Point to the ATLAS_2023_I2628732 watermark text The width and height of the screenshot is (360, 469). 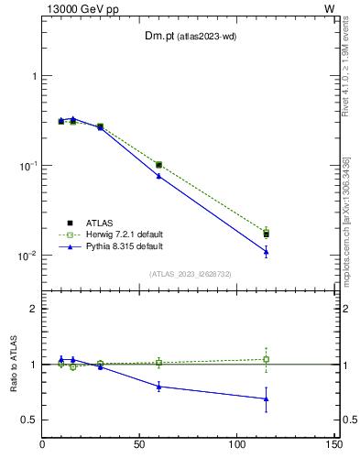coord(191,274)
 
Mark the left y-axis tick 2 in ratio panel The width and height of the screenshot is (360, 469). coord(34,309)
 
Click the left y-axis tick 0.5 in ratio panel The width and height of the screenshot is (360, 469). coord(29,420)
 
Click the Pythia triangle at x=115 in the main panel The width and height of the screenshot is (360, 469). coord(266,251)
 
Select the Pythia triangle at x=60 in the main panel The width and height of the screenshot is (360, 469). coord(158,175)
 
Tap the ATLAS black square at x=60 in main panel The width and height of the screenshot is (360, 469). coord(158,165)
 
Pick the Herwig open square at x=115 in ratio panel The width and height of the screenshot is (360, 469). coord(266,359)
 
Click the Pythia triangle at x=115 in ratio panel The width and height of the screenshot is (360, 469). coord(266,398)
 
